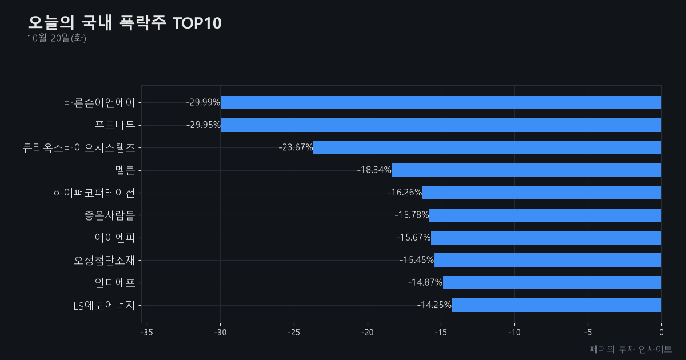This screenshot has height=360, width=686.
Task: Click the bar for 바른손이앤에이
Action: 441,102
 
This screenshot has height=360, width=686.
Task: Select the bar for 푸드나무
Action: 441,125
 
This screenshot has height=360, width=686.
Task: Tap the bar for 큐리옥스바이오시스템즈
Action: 487,147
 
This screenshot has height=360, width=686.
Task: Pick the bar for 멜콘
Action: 527,170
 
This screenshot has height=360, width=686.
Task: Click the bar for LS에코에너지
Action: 556,305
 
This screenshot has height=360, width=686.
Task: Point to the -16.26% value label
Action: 405,192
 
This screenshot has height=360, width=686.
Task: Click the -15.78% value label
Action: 412,215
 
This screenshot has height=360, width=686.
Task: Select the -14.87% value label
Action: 425,282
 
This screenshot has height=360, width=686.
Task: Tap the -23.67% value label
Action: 296,147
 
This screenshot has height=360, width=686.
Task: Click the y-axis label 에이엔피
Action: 115,238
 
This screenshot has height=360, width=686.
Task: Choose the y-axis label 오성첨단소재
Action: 105,260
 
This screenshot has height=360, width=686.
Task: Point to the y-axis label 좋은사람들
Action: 110,215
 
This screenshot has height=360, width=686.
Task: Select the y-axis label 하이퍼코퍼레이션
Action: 94,193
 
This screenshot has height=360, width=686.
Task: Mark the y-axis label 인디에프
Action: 115,282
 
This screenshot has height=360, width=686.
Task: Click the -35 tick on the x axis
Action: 147,333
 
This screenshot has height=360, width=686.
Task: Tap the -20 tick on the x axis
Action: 368,333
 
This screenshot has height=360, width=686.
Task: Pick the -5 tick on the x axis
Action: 588,333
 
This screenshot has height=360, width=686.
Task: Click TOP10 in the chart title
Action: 197,23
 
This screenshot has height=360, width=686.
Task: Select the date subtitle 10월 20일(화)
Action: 57,38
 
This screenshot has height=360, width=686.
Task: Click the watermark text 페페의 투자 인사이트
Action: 631,349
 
